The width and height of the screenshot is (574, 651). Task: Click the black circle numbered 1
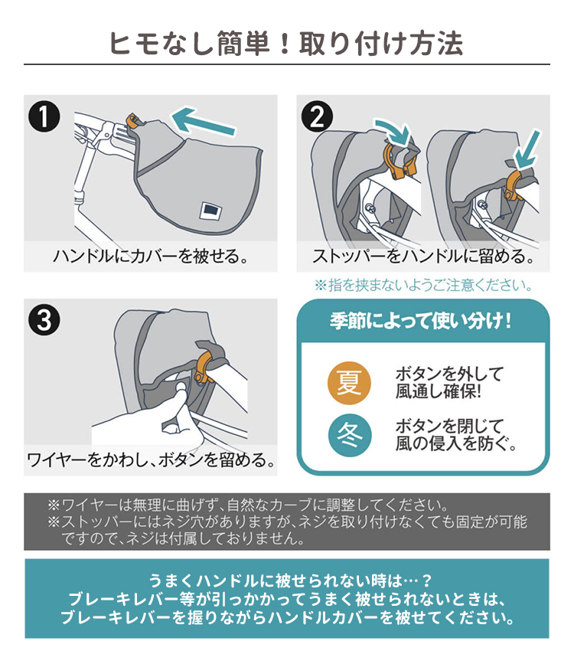point(44,116)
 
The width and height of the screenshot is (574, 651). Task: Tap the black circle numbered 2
point(317,116)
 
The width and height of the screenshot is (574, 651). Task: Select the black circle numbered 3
point(44,320)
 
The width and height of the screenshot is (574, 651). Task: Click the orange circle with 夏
point(349,383)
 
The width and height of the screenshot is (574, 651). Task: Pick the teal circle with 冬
point(349,436)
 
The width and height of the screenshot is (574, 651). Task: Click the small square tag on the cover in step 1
point(210,211)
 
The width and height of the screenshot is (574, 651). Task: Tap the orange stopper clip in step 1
point(132,120)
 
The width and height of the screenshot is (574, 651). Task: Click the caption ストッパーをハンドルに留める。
point(423,256)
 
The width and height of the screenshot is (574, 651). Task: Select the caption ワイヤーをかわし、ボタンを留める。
point(152,460)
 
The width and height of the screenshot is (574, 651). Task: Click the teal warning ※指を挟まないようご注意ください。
point(423,285)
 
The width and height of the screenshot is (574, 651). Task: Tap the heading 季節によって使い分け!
point(421,321)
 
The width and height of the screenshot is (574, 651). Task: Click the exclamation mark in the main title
point(285,44)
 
